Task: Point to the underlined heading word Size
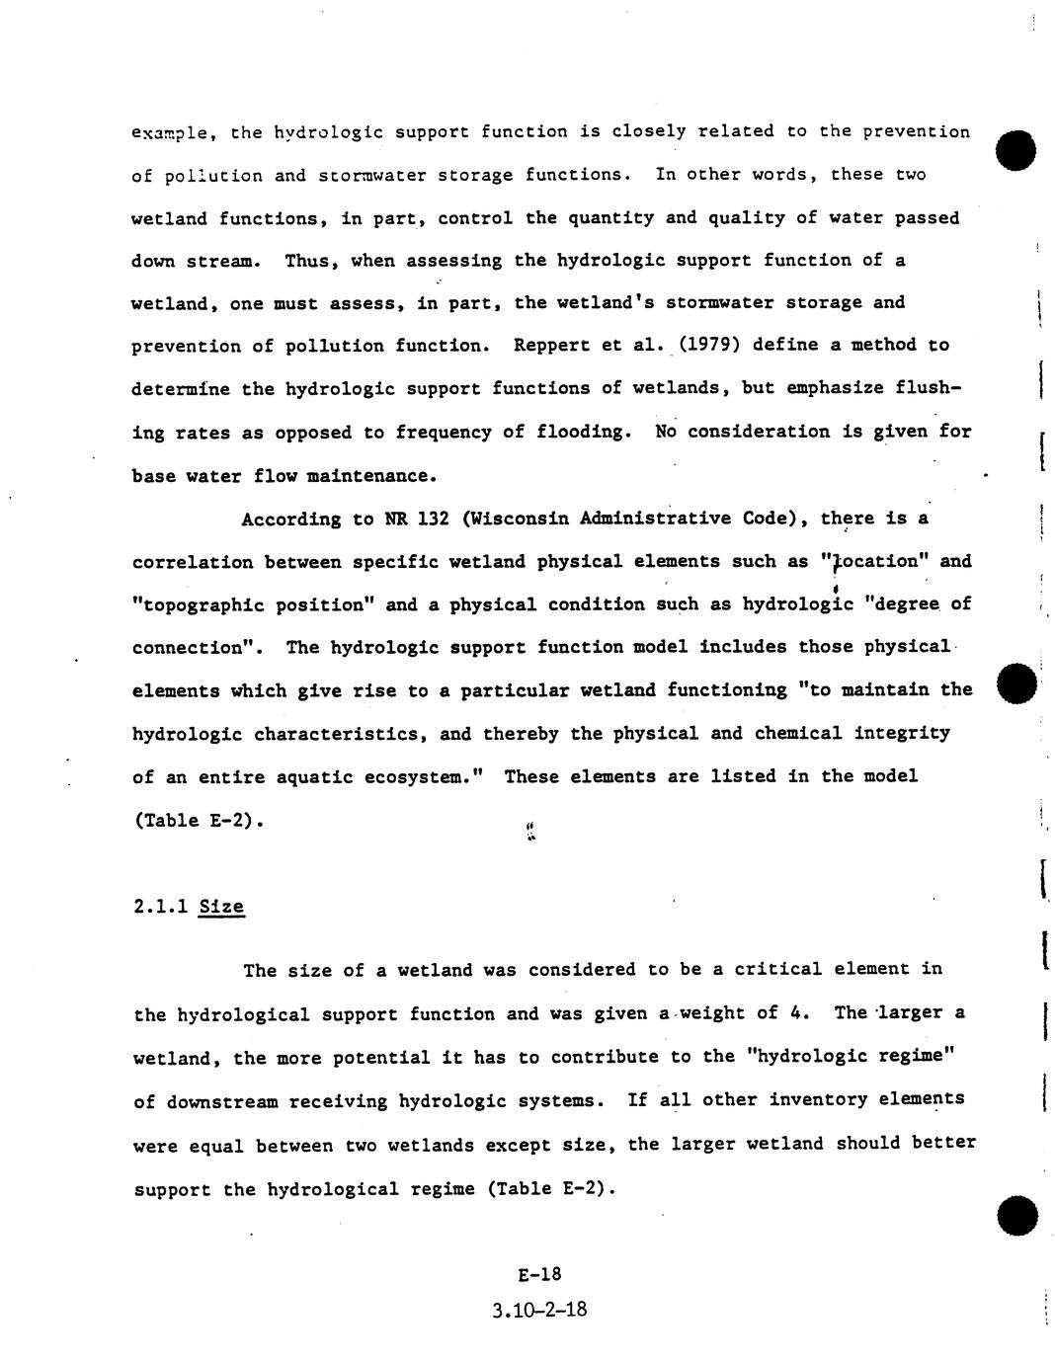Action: coord(221,907)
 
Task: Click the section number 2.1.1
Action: coord(160,907)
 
